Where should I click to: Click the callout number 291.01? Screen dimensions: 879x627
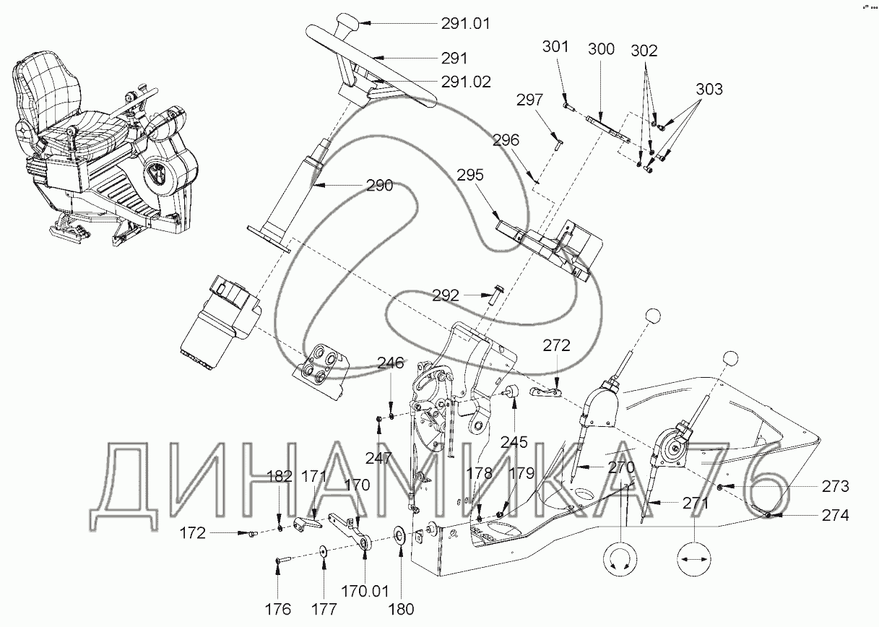pyautogui.click(x=465, y=24)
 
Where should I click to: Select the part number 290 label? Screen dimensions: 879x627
pyautogui.click(x=379, y=186)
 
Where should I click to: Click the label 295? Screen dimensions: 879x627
pyautogui.click(x=470, y=175)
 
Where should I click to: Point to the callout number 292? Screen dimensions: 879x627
pyautogui.click(x=446, y=295)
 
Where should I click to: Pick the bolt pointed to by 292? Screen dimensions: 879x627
pyautogui.click(x=496, y=298)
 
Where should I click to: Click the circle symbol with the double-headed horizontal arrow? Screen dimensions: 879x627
pyautogui.click(x=694, y=559)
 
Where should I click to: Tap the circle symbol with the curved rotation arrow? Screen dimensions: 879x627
pyautogui.click(x=620, y=559)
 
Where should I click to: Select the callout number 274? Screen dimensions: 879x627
pyautogui.click(x=836, y=515)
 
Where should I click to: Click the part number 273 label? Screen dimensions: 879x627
pyautogui.click(x=836, y=487)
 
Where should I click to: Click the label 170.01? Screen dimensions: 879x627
pyautogui.click(x=365, y=592)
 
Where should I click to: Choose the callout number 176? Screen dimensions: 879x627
pyautogui.click(x=278, y=610)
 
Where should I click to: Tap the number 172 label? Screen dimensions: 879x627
pyautogui.click(x=193, y=534)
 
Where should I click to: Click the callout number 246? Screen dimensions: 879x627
pyautogui.click(x=391, y=363)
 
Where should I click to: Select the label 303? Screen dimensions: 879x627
pyautogui.click(x=709, y=90)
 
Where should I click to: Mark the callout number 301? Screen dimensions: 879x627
pyautogui.click(x=555, y=47)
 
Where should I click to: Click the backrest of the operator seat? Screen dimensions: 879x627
pyautogui.click(x=47, y=91)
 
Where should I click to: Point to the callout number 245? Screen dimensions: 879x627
pyautogui.click(x=514, y=442)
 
